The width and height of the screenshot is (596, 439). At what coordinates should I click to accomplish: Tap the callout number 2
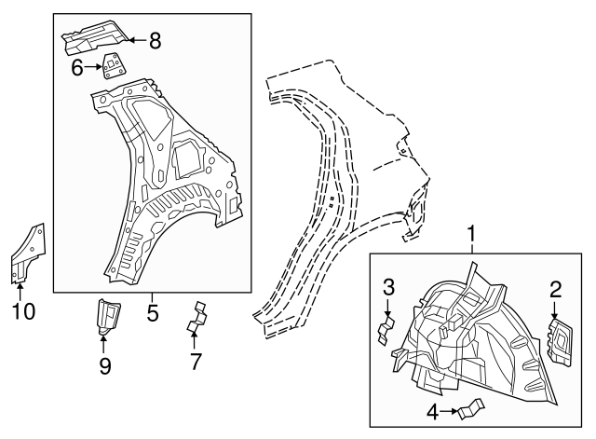[x=555, y=289]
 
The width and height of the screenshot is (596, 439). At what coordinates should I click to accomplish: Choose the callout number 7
[x=196, y=362]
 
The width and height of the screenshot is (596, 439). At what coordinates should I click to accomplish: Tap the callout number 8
[x=155, y=40]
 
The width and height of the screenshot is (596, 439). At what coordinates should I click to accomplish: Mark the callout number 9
[x=104, y=366]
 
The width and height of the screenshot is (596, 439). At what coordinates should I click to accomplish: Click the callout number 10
[x=23, y=309]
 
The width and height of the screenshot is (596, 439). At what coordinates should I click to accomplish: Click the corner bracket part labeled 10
[x=27, y=253]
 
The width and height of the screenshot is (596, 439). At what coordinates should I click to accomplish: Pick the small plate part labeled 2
[x=562, y=337]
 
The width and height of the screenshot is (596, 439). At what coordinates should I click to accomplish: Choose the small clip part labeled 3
[x=384, y=330]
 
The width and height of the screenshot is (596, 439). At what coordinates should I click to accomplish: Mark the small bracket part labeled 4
[x=473, y=407]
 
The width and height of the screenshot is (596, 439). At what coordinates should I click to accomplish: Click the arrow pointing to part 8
[x=135, y=39]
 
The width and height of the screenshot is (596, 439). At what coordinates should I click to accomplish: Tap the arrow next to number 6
[x=96, y=66]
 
